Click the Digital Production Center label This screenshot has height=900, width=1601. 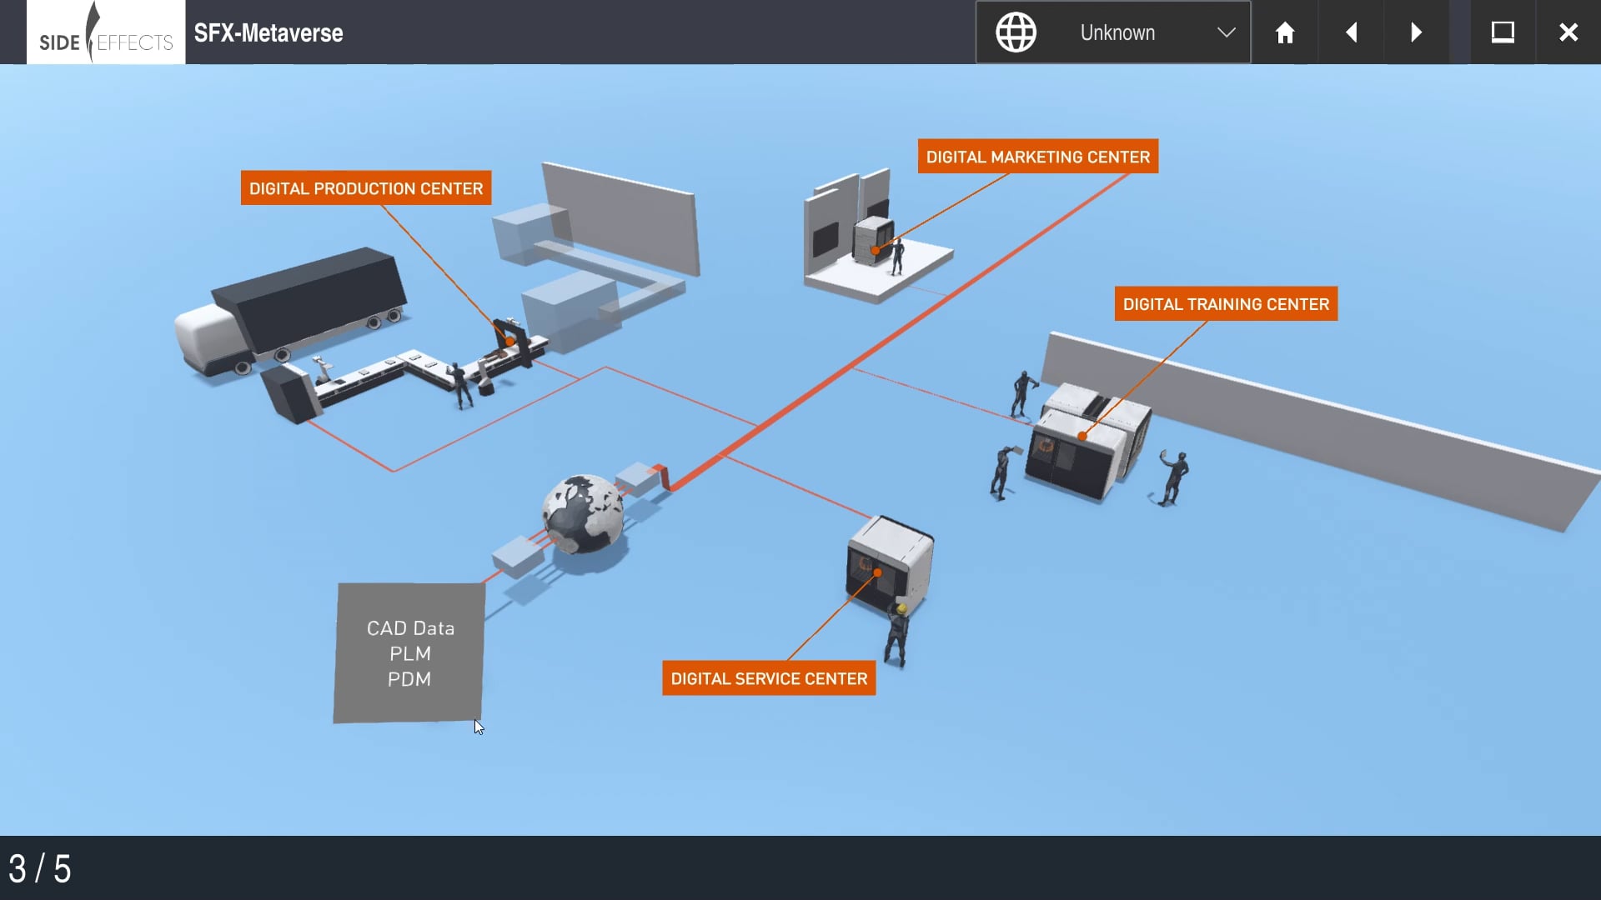coord(365,188)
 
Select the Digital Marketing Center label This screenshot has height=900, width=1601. coord(1037,157)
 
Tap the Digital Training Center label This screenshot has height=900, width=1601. coord(1225,304)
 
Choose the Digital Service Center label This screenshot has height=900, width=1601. coord(768,678)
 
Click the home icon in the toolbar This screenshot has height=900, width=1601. coord(1284,32)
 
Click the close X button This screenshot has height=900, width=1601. coord(1568,32)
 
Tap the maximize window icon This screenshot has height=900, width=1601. coord(1502,32)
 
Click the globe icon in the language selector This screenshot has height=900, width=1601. coord(1016,32)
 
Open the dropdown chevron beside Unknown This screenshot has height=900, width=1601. coord(1225,32)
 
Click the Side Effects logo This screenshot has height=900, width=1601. coord(106,32)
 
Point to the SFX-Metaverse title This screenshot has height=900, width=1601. coord(269,32)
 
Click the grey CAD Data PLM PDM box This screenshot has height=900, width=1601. coord(409,652)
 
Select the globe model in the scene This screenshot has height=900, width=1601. coord(583,514)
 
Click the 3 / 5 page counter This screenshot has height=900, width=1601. coord(40,868)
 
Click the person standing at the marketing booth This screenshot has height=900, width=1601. coord(897,257)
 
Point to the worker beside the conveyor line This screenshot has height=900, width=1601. coord(459,385)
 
